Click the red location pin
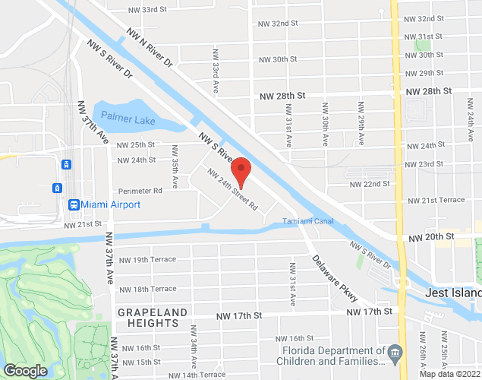(241, 172)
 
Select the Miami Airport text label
(111, 204)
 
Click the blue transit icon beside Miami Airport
(74, 204)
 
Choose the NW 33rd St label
(148, 10)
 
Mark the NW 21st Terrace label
(436, 200)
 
